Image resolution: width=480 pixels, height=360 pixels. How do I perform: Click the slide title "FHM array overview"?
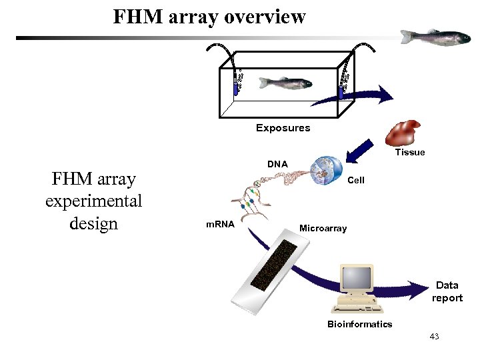pos(209,17)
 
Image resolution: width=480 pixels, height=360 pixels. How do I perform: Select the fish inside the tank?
pos(285,83)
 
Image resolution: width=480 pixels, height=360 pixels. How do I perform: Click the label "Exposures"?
pos(283,127)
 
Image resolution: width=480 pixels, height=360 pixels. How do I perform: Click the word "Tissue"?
pos(409,153)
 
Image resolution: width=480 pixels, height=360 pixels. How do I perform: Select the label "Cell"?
pos(356,180)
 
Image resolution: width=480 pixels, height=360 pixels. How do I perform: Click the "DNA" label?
pos(277,163)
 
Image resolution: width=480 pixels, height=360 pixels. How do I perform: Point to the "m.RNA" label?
pos(219,224)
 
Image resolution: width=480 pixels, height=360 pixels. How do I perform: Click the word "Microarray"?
pos(323,229)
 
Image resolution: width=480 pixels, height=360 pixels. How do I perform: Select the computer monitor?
pos(357,281)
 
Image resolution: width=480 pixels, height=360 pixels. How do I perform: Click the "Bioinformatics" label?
pos(359,324)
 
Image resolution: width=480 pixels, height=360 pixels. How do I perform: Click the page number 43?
pos(434,337)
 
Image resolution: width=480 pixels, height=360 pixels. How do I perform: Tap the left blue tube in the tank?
pos(236,85)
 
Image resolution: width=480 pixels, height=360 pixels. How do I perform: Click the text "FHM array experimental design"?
pos(93,201)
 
